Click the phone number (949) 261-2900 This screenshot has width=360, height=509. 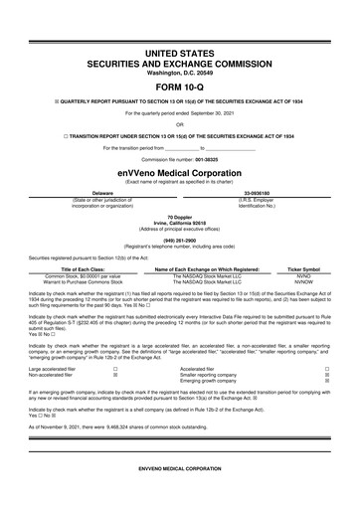tap(179, 239)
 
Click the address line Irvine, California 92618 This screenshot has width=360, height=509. tap(179, 221)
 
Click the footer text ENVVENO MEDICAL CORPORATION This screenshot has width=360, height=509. tap(179, 495)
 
